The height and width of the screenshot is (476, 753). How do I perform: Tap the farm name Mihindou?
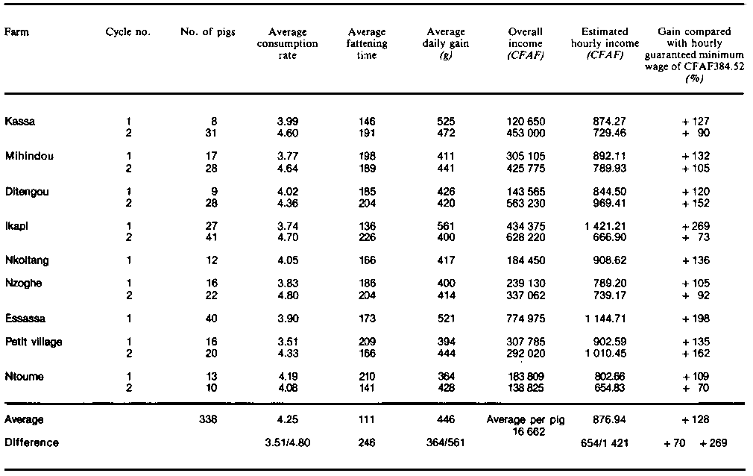coord(24,156)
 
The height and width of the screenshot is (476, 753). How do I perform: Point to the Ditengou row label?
coord(24,190)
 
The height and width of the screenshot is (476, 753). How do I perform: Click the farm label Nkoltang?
coord(25,260)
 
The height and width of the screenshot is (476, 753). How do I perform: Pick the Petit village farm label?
coord(33,342)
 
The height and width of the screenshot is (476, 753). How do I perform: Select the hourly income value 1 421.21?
coord(605,225)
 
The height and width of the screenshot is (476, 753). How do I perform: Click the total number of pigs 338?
coord(208,419)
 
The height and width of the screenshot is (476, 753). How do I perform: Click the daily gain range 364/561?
coord(446,442)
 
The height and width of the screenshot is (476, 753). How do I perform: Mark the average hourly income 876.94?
coord(609,419)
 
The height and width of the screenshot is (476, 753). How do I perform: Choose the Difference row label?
coord(31,442)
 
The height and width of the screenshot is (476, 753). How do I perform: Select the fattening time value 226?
coord(366,237)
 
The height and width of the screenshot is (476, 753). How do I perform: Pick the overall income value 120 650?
coord(525,121)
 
